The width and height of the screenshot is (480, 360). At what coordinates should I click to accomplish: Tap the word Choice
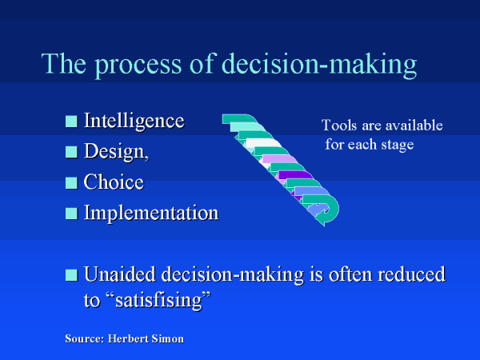point(114,182)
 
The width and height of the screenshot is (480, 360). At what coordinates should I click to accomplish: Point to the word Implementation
point(151,214)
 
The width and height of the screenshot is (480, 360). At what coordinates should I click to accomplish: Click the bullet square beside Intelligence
point(71,122)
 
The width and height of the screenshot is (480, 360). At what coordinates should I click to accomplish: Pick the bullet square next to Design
point(71,152)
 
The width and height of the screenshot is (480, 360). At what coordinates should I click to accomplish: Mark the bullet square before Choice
point(71,182)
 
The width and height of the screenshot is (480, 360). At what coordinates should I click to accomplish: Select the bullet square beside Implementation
point(71,214)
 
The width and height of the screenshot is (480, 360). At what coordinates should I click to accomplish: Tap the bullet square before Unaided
point(71,275)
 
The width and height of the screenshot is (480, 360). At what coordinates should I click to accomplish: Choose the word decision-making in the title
point(319,65)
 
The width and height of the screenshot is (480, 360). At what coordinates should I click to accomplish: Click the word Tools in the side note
point(339,126)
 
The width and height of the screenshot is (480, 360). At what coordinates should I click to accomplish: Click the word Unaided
point(120,274)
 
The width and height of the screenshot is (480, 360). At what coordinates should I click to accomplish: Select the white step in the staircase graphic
point(263,142)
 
